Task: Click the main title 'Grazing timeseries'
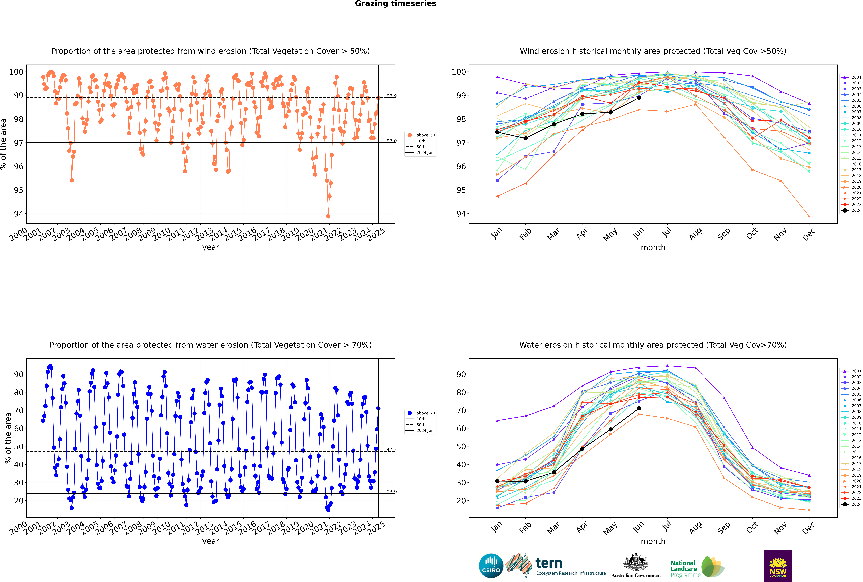[x=396, y=4]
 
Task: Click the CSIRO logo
[x=491, y=566]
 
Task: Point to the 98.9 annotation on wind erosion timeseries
[x=391, y=96]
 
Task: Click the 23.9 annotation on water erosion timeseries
[x=391, y=492]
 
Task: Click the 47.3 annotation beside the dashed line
[x=391, y=450]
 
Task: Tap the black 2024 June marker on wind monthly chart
[x=639, y=98]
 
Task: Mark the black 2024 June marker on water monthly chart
[x=639, y=408]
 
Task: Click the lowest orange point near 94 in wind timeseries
[x=328, y=216]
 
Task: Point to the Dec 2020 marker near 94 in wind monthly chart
[x=809, y=216]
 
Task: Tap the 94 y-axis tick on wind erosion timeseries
[x=19, y=214]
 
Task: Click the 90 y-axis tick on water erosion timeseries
[x=19, y=375]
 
